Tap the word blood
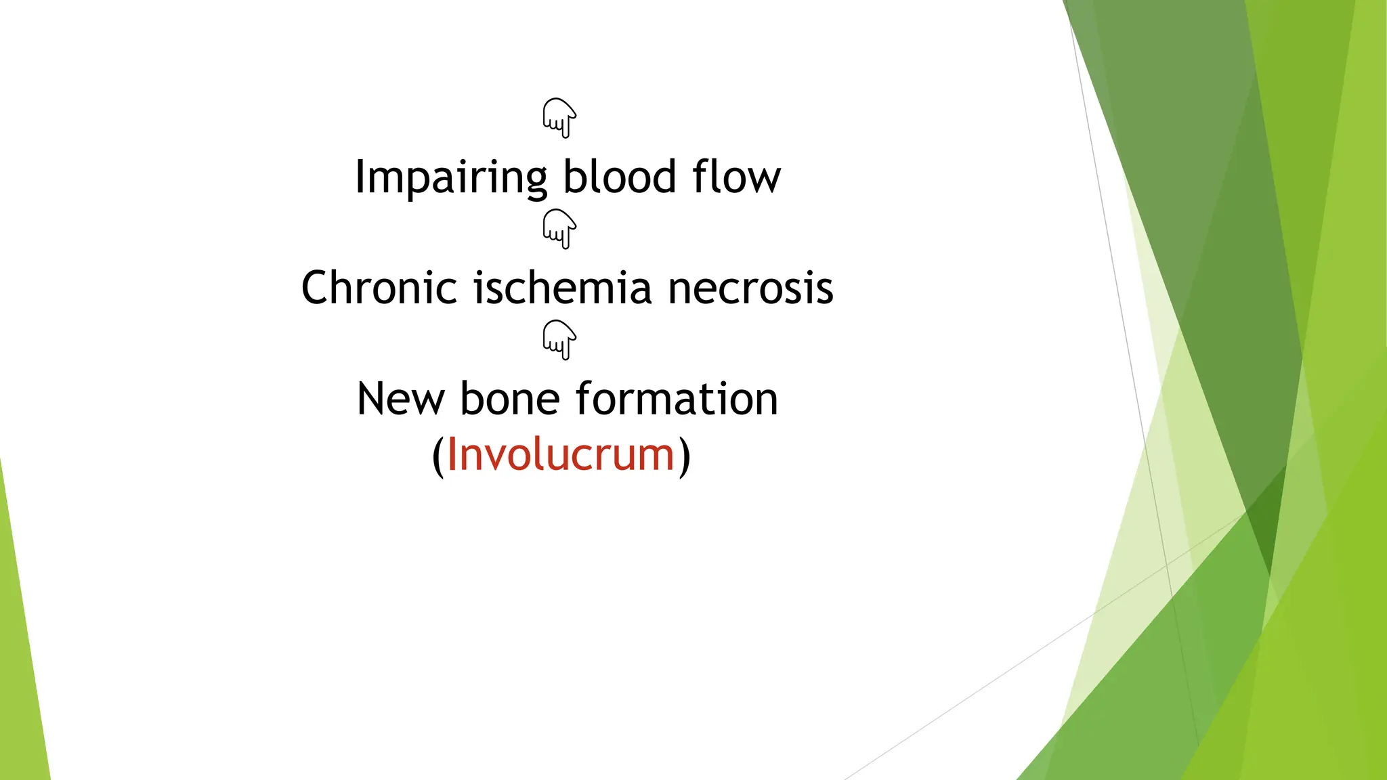pyautogui.click(x=620, y=177)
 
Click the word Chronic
pyautogui.click(x=379, y=288)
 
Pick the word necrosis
pyautogui.click(x=750, y=288)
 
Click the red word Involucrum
pyautogui.click(x=561, y=454)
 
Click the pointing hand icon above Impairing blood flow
pyautogui.click(x=559, y=118)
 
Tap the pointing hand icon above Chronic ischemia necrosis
pyautogui.click(x=559, y=229)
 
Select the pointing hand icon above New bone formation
pyautogui.click(x=559, y=340)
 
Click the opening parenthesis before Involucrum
pyautogui.click(x=438, y=456)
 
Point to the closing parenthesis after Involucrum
pyautogui.click(x=685, y=456)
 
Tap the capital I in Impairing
pyautogui.click(x=360, y=177)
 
